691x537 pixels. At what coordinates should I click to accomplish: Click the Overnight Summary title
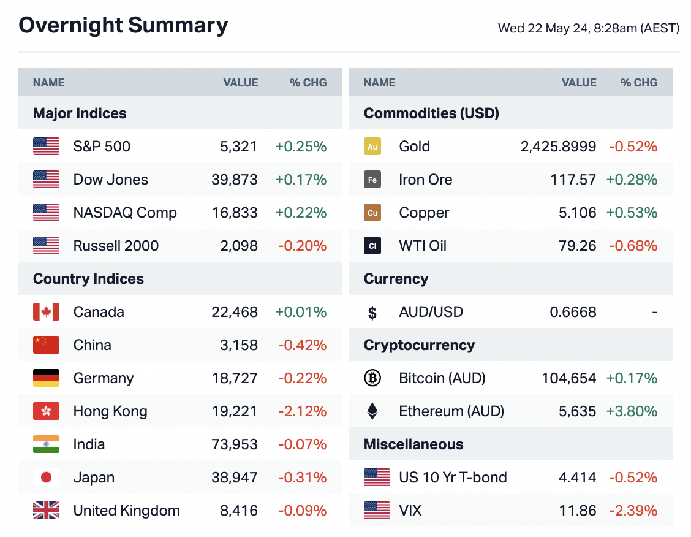pos(123,25)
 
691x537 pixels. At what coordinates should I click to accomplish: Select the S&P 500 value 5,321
pos(239,147)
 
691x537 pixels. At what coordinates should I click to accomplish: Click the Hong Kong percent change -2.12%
pos(302,411)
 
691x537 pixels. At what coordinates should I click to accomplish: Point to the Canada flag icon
pos(46,312)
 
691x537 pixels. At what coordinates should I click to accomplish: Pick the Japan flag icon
pos(46,478)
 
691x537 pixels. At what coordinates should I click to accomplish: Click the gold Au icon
pos(372,147)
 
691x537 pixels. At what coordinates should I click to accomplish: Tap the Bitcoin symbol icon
pos(372,378)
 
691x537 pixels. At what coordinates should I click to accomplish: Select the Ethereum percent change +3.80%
pos(632,411)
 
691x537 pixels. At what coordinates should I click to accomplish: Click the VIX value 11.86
pos(579,511)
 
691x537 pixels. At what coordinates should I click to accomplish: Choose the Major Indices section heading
pos(80,113)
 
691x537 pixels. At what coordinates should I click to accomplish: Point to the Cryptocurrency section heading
pos(419,345)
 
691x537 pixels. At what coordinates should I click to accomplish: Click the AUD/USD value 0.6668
pos(573,312)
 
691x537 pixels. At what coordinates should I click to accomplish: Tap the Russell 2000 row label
pos(116,246)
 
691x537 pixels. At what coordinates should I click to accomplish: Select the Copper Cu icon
pos(372,213)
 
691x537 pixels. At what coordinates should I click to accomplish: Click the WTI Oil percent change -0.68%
pos(633,246)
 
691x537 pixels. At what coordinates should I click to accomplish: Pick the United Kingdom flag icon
pos(46,511)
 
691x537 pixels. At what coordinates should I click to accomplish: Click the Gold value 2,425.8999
pos(558,147)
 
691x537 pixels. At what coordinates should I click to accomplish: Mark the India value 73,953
pos(235,444)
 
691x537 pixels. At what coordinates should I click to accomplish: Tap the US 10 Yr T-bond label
pos(453,478)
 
